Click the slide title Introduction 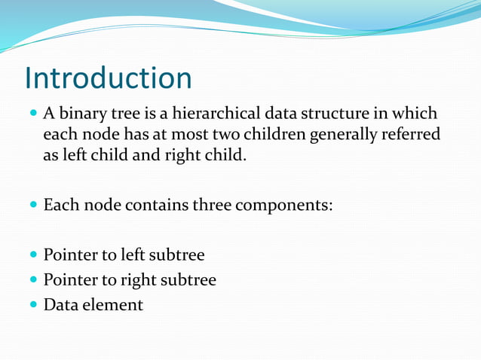tap(108, 78)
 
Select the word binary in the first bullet tap(80, 114)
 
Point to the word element tap(113, 305)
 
